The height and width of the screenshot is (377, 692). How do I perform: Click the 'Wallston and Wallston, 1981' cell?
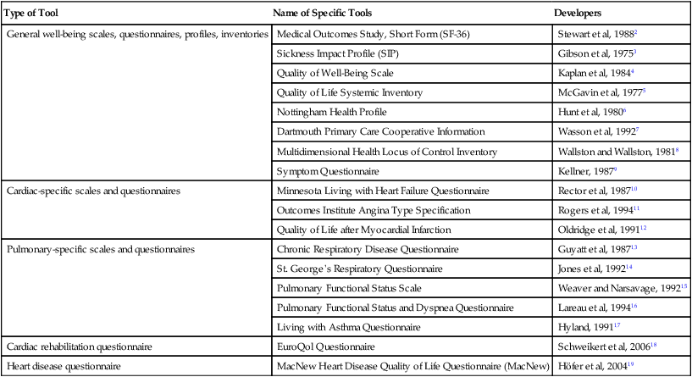(x=614, y=151)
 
